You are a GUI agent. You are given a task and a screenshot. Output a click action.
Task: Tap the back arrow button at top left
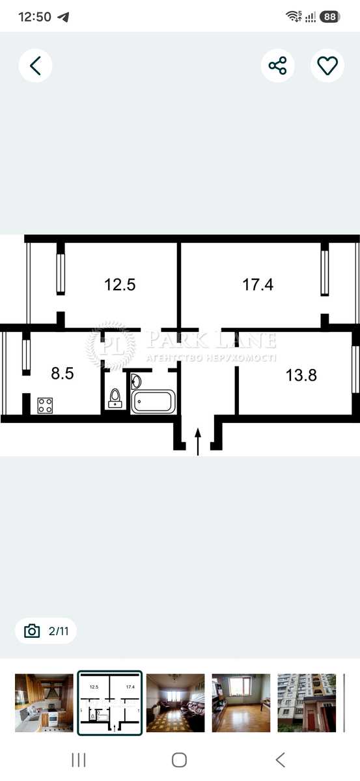click(35, 66)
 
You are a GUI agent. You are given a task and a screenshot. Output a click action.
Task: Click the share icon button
click(278, 66)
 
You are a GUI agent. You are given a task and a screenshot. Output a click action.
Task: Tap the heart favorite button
click(327, 66)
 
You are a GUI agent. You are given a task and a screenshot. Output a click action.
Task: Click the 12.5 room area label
click(120, 284)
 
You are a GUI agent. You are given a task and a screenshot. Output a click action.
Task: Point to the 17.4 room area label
click(258, 284)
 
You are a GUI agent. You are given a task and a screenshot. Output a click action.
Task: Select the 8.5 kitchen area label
click(62, 374)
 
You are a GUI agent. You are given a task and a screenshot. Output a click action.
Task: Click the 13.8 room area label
click(301, 375)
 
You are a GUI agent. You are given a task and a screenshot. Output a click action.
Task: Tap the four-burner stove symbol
click(45, 405)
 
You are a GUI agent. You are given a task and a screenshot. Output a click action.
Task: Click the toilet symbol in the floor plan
click(115, 398)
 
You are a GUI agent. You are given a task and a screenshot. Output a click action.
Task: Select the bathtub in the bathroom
click(153, 402)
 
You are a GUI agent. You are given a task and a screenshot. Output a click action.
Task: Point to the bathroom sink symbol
click(135, 381)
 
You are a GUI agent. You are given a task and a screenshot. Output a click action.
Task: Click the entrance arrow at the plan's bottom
click(198, 442)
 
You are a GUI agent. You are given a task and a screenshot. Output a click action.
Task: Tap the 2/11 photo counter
click(46, 631)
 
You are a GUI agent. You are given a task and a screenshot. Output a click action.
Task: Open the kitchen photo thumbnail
click(44, 702)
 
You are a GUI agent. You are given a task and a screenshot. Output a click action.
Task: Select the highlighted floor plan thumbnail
click(109, 702)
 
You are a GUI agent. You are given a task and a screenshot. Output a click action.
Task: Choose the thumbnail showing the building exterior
click(307, 702)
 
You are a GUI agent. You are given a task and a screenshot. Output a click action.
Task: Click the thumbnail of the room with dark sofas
click(176, 702)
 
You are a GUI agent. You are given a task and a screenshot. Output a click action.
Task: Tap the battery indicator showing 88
click(330, 17)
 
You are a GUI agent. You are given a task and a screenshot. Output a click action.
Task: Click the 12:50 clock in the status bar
click(35, 17)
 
